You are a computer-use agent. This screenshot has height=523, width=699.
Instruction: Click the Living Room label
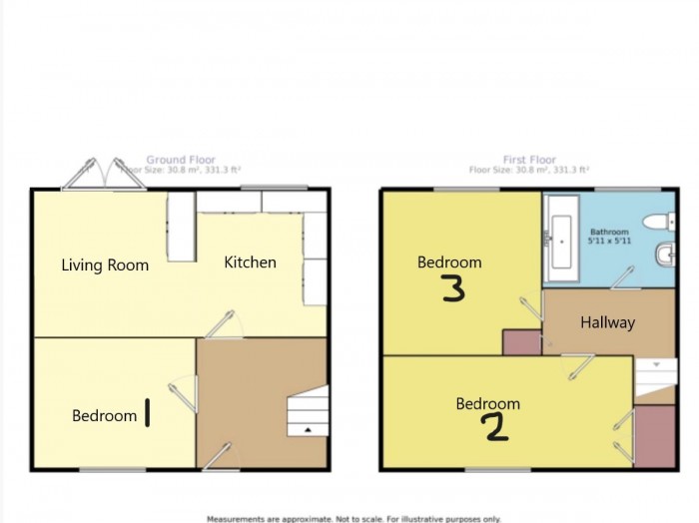(x=105, y=265)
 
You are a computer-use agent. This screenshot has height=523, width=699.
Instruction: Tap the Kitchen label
(x=250, y=262)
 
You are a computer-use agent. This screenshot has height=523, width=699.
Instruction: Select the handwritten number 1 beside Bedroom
(x=148, y=412)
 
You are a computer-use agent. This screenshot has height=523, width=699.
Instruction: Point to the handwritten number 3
(x=452, y=289)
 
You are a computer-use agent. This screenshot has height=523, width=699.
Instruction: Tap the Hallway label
(x=607, y=322)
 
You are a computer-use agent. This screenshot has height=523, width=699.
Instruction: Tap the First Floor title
(x=529, y=159)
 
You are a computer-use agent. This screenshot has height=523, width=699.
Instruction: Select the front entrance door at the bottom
(x=219, y=456)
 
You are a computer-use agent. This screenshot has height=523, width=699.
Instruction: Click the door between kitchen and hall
(x=223, y=324)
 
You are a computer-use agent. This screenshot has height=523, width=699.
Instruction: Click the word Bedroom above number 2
(x=488, y=404)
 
